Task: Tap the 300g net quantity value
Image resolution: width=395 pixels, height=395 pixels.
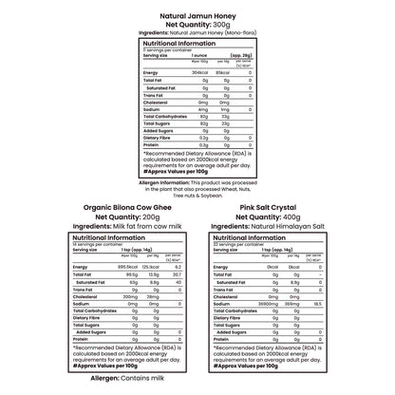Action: pyautogui.click(x=227, y=24)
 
